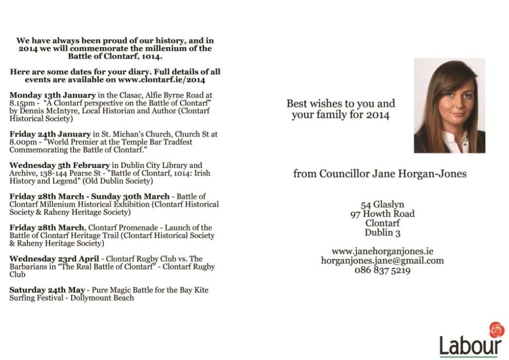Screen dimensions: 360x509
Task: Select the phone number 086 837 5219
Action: click(x=382, y=270)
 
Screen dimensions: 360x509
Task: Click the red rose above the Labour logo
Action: click(x=496, y=330)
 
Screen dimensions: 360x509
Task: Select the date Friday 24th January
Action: click(x=49, y=134)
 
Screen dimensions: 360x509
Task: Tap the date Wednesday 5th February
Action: click(x=60, y=165)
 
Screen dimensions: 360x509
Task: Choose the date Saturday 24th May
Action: click(x=47, y=289)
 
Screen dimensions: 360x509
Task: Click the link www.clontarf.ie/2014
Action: click(x=168, y=79)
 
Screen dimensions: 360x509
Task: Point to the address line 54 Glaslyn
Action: click(x=382, y=204)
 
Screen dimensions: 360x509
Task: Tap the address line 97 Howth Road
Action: click(x=382, y=214)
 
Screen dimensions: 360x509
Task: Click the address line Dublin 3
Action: click(x=382, y=233)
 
